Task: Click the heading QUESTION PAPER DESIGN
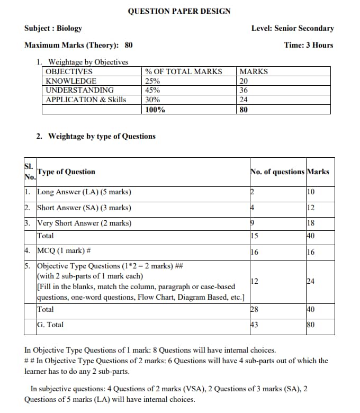click(x=179, y=11)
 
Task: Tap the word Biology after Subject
click(x=69, y=28)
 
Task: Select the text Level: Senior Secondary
click(x=292, y=28)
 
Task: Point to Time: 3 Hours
click(x=309, y=45)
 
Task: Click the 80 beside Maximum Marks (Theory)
click(x=129, y=45)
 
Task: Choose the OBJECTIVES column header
click(x=69, y=71)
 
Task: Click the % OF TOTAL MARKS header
click(x=183, y=71)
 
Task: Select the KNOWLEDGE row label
click(x=71, y=81)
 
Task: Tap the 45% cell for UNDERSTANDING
click(x=153, y=91)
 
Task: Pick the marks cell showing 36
click(x=244, y=91)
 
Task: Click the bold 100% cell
click(x=155, y=110)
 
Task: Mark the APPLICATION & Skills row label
click(x=86, y=100)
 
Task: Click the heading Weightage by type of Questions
click(x=102, y=136)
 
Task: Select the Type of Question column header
click(x=66, y=172)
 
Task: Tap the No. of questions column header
click(x=277, y=172)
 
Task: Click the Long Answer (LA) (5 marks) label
click(x=84, y=192)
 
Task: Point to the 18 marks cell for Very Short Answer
click(x=311, y=223)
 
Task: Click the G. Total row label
click(x=50, y=325)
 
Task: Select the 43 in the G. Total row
click(x=254, y=325)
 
